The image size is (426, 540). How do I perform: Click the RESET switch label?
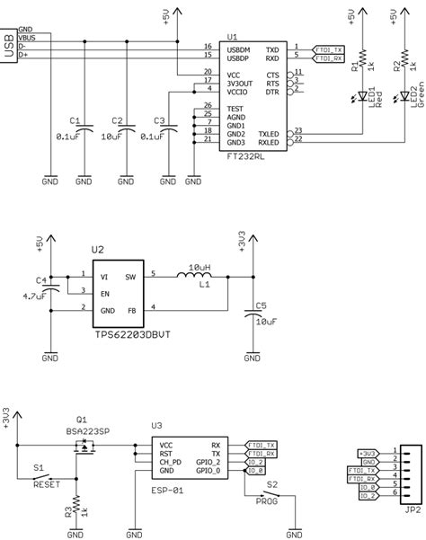tap(46, 482)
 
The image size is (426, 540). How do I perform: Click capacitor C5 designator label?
tap(262, 305)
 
